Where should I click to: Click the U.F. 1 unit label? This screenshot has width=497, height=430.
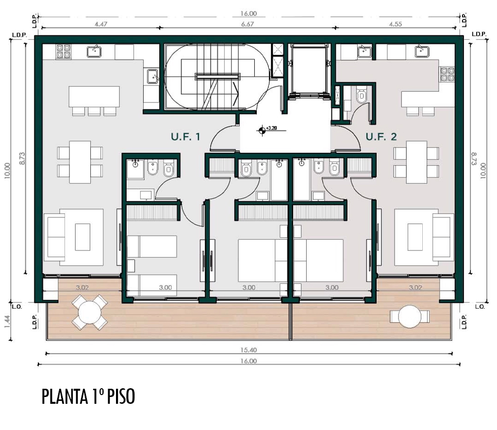(185, 137)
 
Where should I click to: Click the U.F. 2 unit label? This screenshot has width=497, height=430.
(381, 137)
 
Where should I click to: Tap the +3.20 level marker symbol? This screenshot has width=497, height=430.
(262, 130)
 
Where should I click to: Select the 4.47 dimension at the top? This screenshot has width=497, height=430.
(101, 24)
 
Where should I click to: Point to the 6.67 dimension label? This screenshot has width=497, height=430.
(247, 24)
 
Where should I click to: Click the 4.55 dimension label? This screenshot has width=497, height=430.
(396, 24)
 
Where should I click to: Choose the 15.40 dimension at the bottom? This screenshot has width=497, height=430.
(249, 350)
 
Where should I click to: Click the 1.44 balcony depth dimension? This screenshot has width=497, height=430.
(8, 321)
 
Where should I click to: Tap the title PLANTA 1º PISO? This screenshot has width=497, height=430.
(88, 396)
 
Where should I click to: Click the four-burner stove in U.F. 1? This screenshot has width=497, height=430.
(63, 51)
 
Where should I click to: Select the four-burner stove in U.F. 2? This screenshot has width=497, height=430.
(447, 74)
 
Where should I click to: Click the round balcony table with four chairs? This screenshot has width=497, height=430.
(90, 313)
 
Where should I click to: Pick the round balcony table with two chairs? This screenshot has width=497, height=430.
(410, 316)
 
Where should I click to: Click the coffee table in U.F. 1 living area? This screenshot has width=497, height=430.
(83, 237)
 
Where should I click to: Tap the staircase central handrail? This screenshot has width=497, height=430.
(217, 76)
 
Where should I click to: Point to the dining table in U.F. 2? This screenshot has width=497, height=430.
(416, 162)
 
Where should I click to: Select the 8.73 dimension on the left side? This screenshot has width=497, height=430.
(22, 158)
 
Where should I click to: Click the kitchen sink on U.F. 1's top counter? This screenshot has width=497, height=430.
(94, 51)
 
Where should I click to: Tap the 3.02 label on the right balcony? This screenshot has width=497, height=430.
(415, 288)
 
